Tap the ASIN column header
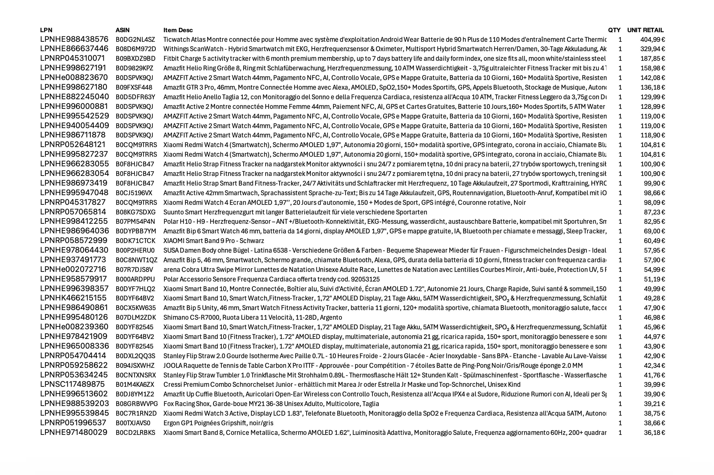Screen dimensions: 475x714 tap(122, 30)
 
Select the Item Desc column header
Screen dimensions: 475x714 tap(178, 30)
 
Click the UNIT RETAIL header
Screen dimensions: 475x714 tap(645, 30)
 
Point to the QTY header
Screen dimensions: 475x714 tap(614, 30)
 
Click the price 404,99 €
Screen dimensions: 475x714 tap(652, 39)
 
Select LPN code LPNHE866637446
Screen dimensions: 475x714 tap(74, 49)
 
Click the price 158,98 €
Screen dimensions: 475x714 tap(652, 68)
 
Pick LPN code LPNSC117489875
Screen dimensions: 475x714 tap(72, 384)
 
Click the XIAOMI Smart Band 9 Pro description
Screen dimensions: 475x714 tap(214, 241)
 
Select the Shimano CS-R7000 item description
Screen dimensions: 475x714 tap(253, 317)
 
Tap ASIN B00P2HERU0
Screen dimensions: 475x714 tap(135, 250)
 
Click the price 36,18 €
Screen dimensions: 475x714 tap(654, 433)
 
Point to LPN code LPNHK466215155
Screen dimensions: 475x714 tap(73, 299)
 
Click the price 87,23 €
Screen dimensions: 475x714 tap(654, 212)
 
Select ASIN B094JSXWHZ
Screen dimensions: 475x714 tap(135, 366)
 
